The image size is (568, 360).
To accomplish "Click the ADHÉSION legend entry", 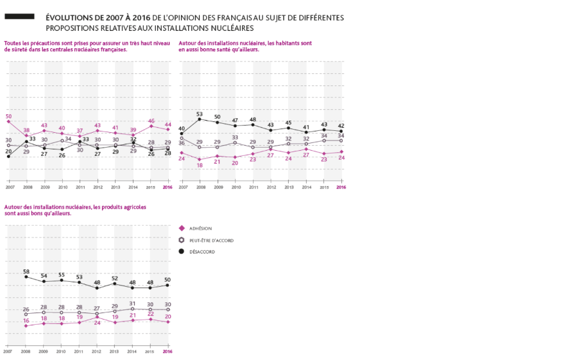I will click(200, 228).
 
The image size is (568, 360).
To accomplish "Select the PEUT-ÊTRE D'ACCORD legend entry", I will click(211, 240).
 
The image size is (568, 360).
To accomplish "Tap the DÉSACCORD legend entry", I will click(202, 252).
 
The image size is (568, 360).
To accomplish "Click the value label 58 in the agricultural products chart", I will click(26, 271).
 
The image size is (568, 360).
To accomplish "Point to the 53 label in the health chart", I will click(200, 114).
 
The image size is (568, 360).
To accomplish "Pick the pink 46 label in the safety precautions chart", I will click(151, 121).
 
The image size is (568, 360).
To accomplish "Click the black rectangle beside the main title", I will click(19, 16).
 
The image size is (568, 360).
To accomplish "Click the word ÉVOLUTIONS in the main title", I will click(69, 17).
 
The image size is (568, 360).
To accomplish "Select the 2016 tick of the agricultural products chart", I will click(168, 351).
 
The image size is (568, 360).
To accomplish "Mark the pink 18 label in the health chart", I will click(200, 165).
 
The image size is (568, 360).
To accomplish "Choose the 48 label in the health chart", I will click(253, 119).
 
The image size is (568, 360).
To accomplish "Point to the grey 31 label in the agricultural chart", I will click(132, 304).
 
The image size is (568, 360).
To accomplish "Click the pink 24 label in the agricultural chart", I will click(98, 323).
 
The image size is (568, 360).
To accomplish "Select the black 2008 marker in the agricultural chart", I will click(26, 277).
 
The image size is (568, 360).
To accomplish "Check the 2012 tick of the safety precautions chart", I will click(98, 187).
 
